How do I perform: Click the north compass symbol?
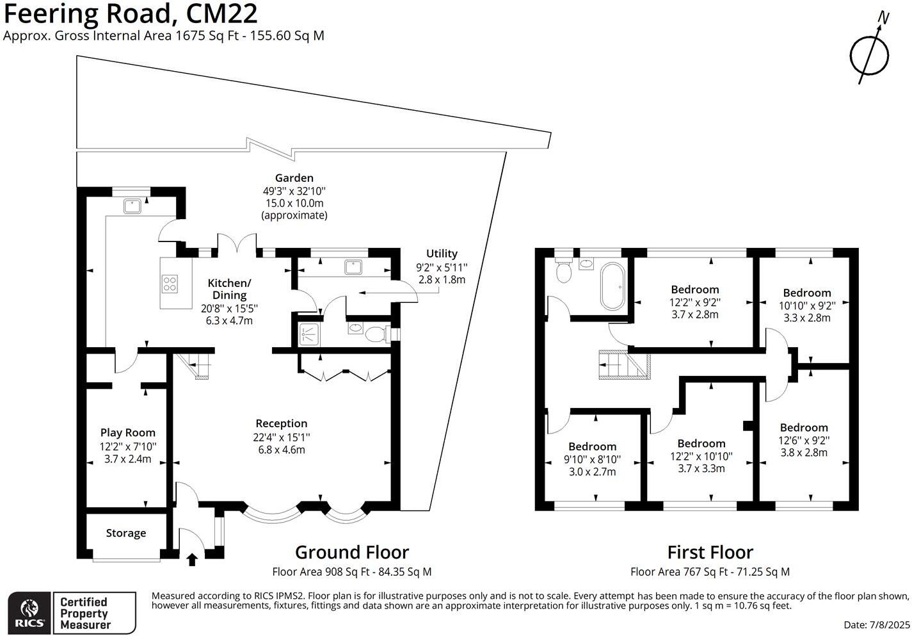tap(869, 54)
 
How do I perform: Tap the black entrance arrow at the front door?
tap(192, 559)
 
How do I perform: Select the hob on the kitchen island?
tap(170, 284)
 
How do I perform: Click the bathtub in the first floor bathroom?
tap(612, 286)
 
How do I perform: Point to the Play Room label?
tap(128, 432)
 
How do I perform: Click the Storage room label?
tap(126, 533)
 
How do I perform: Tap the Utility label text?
tap(442, 254)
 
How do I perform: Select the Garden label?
tap(294, 178)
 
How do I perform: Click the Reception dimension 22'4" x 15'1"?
tap(282, 437)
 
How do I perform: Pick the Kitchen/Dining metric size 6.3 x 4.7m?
tap(229, 321)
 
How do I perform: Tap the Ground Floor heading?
tap(352, 553)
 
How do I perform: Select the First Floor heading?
tap(710, 553)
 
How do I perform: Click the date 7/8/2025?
tap(888, 624)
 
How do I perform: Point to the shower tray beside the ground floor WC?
tap(309, 334)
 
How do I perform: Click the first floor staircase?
tap(624, 364)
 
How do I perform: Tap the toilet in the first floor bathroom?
tap(564, 270)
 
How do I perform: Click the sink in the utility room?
tap(353, 267)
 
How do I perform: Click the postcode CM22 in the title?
tap(222, 13)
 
